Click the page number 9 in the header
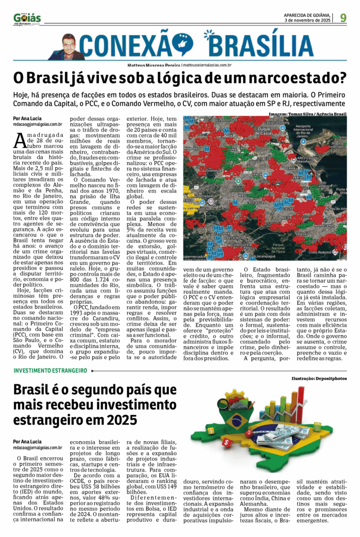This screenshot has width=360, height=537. pos(343,18)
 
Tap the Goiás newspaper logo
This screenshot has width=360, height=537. pos(27,19)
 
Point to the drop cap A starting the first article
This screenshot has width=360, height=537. pos(20,140)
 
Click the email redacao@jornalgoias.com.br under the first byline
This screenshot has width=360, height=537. pos(38,124)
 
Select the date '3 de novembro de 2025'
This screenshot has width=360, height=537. pos(308,20)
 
